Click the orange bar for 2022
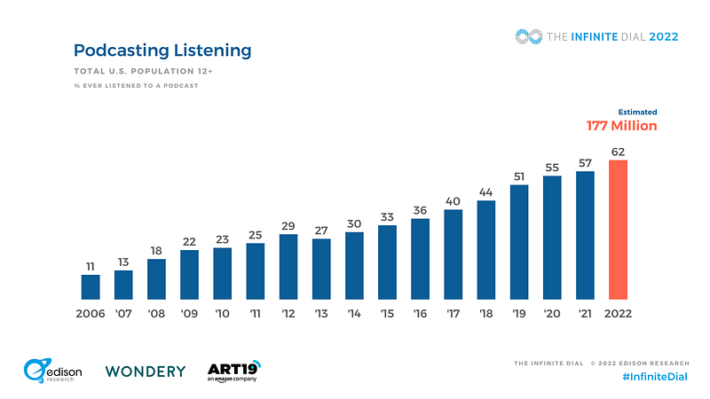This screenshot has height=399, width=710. point(618,230)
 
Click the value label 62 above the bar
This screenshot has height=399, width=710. point(618,151)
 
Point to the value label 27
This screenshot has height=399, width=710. point(321,229)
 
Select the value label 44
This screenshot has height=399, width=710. point(486,192)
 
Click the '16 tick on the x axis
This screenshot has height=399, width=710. point(420,314)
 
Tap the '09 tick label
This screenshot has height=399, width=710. point(189,314)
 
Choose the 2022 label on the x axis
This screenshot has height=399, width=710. point(618,314)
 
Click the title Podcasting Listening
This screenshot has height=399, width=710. point(162,51)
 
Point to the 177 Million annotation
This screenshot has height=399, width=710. point(621,126)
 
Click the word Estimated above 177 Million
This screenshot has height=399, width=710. point(637,112)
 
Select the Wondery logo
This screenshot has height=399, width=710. point(146,371)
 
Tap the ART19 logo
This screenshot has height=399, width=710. point(233,370)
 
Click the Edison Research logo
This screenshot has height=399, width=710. point(53,371)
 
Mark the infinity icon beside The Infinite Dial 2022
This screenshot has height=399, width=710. point(529,36)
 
